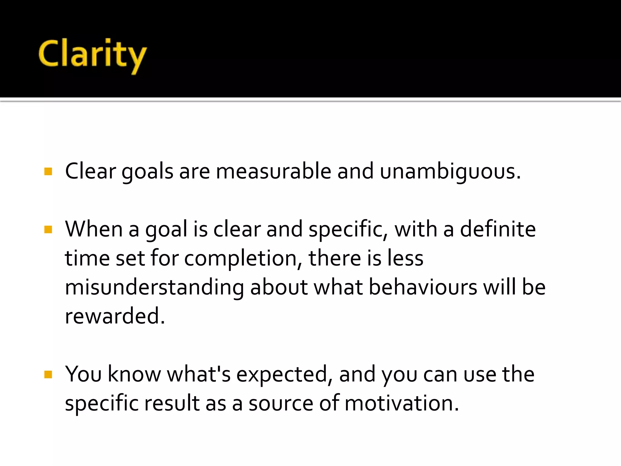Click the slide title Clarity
click(92, 55)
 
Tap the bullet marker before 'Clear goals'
click(48, 171)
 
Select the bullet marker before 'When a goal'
click(48, 229)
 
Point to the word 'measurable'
click(273, 171)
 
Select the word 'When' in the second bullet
click(94, 229)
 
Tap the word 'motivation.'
click(402, 404)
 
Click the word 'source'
click(281, 404)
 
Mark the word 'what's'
click(199, 374)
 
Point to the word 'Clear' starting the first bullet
click(90, 171)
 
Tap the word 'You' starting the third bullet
click(83, 374)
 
